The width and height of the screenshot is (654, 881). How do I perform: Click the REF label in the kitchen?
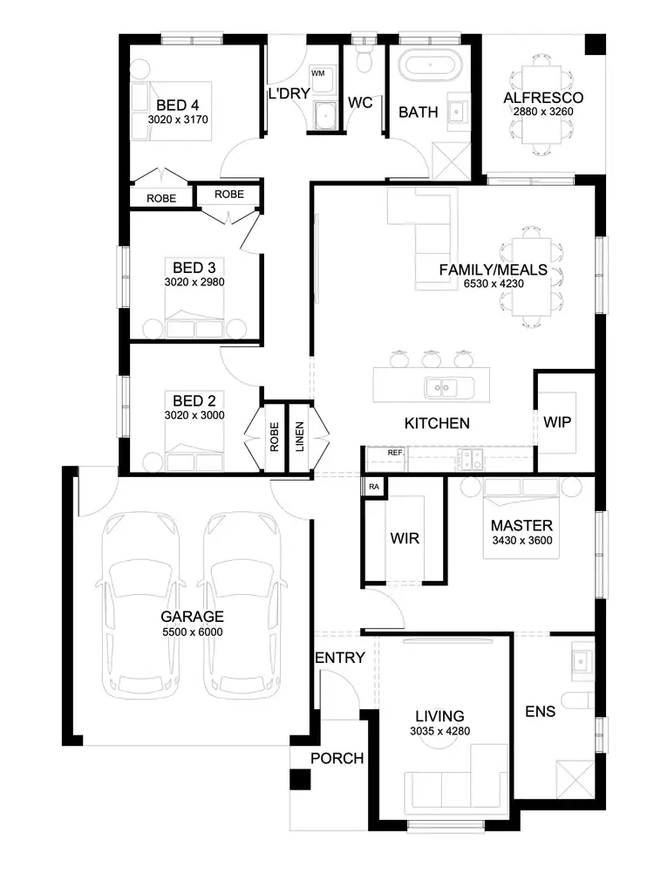395,454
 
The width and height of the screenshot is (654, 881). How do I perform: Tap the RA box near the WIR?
374,486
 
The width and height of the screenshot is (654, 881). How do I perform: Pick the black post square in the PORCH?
301,781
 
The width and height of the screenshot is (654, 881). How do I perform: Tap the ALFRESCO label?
542,98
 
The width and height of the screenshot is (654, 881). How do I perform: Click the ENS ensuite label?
540,711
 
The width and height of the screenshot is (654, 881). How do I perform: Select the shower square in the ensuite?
576,778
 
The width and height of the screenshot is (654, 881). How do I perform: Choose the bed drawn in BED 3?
195,318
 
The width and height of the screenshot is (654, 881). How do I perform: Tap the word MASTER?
521,526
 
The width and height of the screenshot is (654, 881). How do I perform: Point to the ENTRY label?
339,658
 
